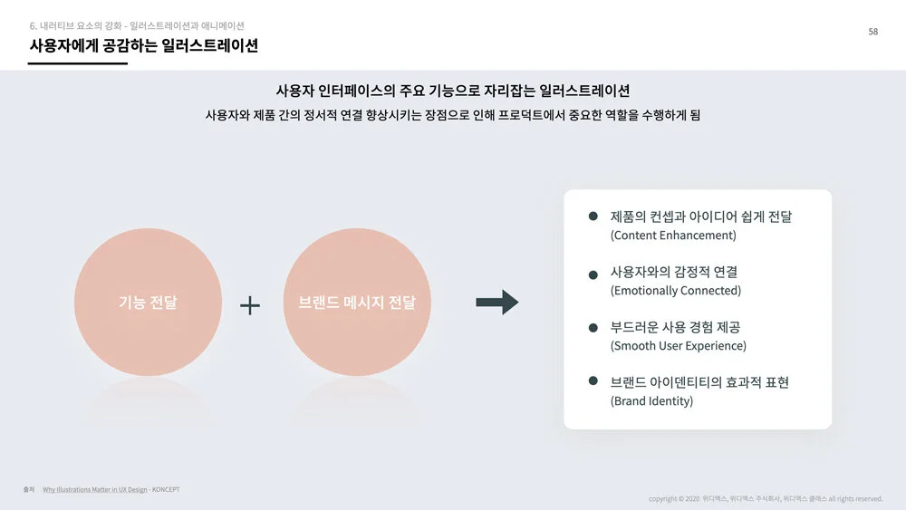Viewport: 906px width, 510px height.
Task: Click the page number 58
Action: coord(872,32)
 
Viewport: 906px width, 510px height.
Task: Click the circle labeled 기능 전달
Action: coord(148,303)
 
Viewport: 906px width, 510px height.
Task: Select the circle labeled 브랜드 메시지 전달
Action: coord(357,303)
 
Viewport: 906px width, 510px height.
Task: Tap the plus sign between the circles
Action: coord(250,305)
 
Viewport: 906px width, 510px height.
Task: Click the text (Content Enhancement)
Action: coord(673,236)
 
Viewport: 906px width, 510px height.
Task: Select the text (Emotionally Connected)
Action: coord(676,291)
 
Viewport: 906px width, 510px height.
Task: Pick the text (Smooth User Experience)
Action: coord(679,346)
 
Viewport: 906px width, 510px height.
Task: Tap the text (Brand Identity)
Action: coord(651,401)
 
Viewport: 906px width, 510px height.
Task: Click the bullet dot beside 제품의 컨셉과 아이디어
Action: coord(593,217)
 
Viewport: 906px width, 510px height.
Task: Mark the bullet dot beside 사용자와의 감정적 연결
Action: coord(593,274)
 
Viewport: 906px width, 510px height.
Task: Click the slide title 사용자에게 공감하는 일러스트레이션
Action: coord(143,45)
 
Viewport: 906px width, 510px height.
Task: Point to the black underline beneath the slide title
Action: coord(78,63)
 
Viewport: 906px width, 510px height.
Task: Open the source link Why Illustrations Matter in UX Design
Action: coord(94,490)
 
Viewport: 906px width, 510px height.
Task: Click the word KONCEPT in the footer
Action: coord(166,490)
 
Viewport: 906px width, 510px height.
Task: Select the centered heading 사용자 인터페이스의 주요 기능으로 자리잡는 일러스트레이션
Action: coord(452,91)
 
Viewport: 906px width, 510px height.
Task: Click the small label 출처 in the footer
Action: coord(29,490)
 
